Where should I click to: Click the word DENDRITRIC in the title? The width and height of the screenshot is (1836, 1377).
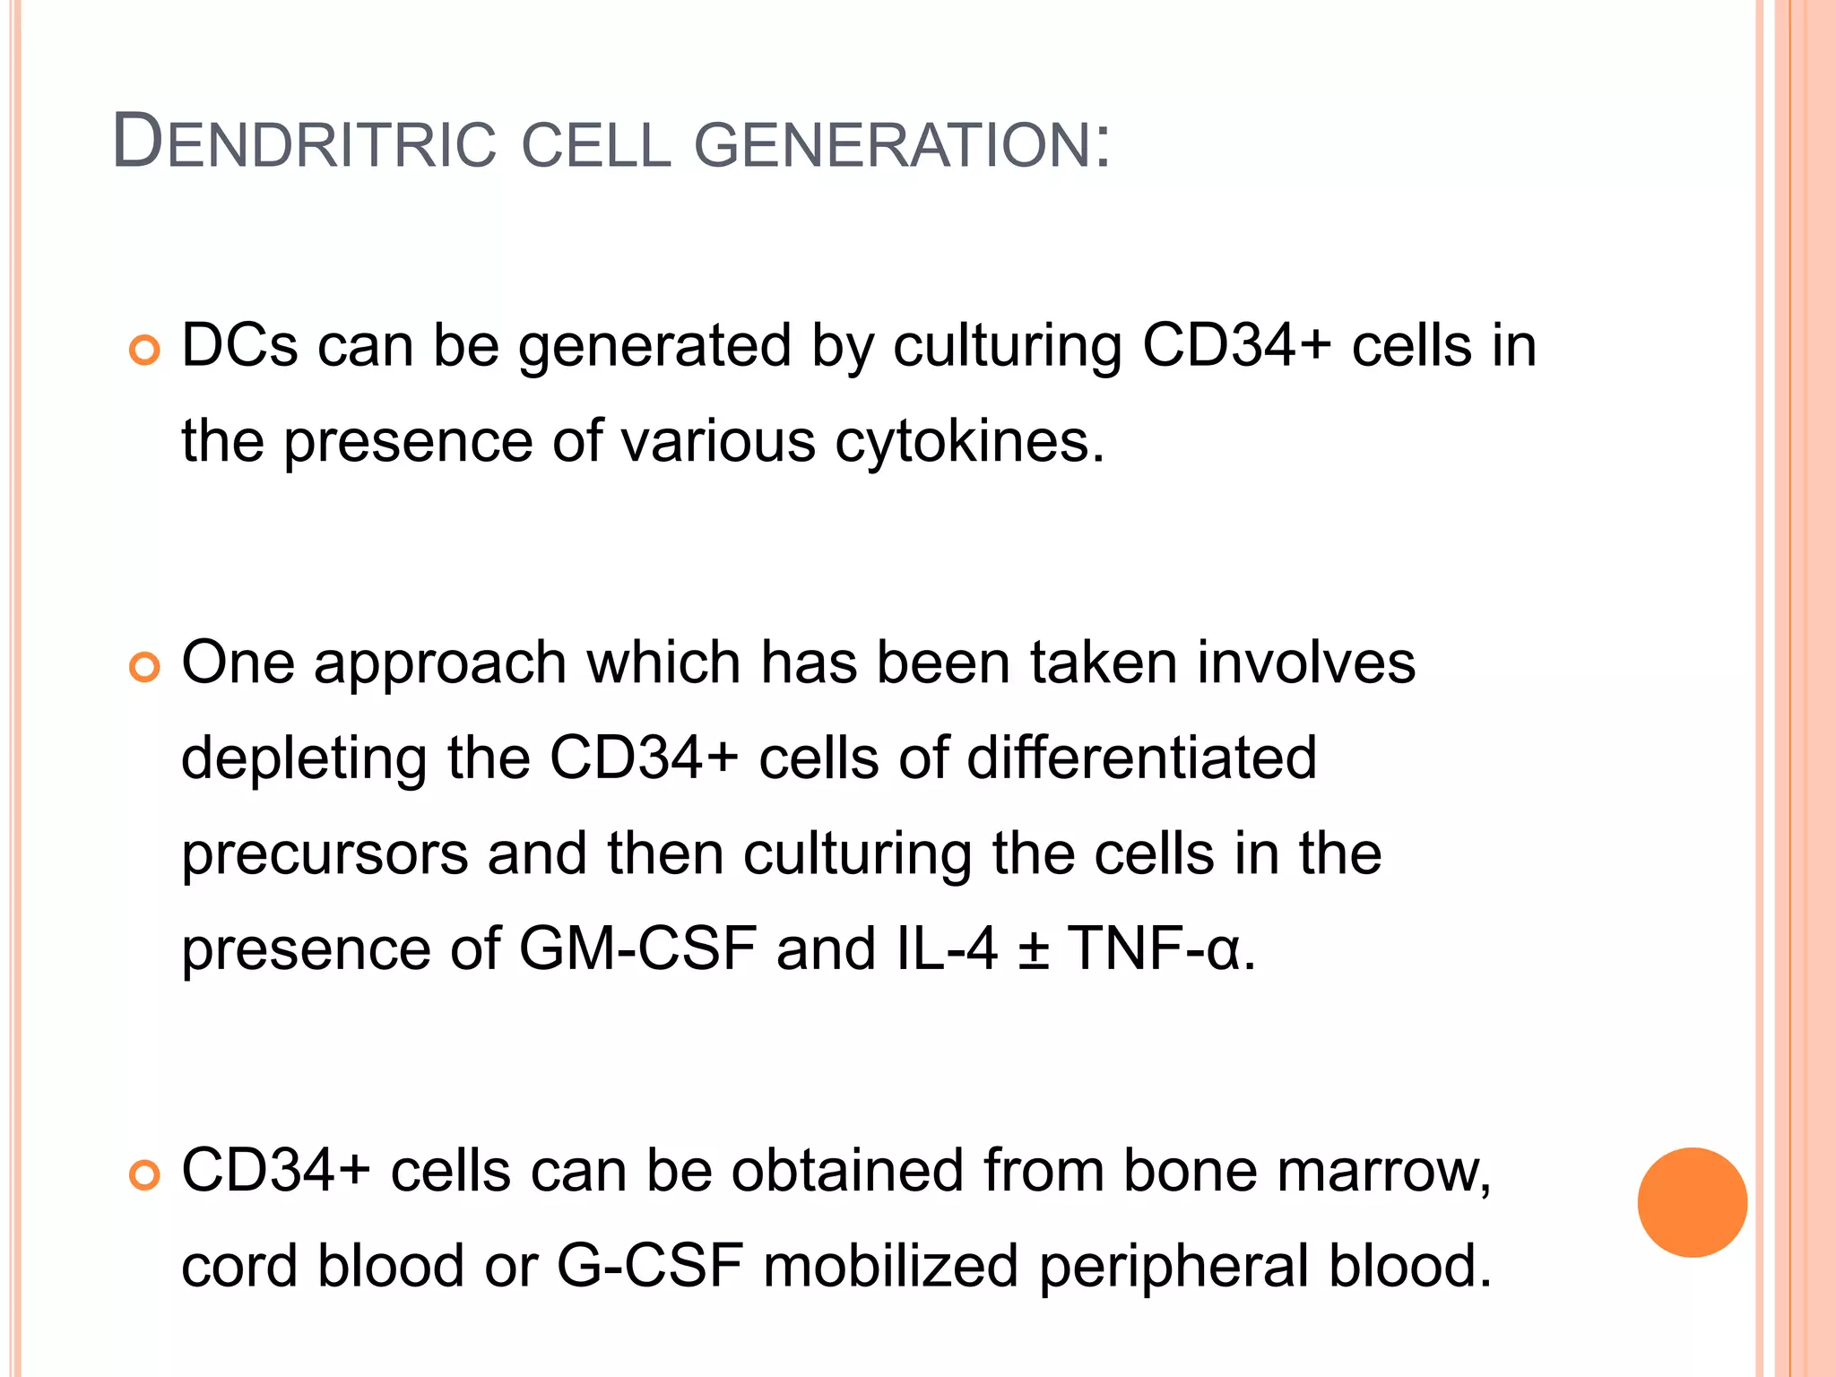click(x=304, y=143)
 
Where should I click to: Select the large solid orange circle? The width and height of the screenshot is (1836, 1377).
click(x=1692, y=1202)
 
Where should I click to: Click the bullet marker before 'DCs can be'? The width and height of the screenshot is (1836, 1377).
click(x=143, y=350)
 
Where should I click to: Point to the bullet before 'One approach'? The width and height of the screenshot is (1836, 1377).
click(x=143, y=667)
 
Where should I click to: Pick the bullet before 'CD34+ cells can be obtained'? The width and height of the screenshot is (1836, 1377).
click(x=143, y=1174)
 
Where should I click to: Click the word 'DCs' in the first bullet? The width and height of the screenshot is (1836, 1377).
click(x=239, y=346)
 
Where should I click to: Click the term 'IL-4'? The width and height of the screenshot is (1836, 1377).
click(x=947, y=949)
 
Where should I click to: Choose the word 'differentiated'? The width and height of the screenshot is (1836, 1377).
click(x=1141, y=758)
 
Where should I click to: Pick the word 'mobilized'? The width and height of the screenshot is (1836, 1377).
click(x=890, y=1267)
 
